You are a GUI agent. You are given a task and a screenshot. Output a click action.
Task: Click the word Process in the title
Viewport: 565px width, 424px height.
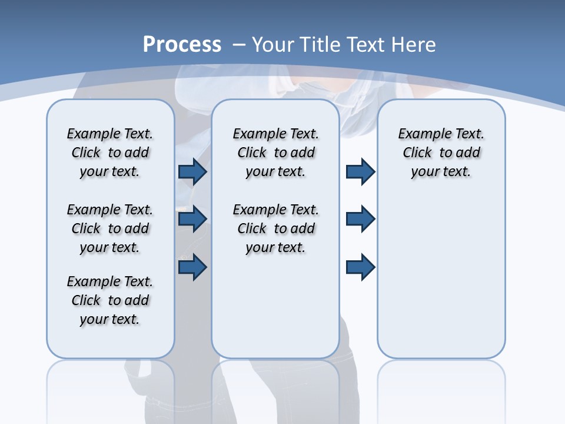[182, 45]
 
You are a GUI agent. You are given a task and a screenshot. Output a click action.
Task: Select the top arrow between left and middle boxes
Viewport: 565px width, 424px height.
[192, 171]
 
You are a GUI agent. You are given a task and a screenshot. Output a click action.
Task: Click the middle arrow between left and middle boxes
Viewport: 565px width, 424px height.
[192, 219]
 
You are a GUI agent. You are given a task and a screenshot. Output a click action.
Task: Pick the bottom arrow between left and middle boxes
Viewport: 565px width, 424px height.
[192, 267]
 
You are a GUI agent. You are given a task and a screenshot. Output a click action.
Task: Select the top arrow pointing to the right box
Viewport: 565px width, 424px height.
[360, 171]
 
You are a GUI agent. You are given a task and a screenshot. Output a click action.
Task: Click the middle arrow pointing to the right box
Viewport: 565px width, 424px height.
[360, 219]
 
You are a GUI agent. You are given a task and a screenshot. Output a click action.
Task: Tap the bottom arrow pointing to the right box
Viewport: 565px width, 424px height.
[360, 267]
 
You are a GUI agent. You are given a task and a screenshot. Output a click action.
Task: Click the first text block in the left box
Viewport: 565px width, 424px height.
[110, 153]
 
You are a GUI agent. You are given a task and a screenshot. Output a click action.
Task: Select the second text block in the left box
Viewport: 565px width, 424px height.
[110, 228]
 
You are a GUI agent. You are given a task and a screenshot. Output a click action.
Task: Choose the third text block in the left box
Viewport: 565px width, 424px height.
[110, 300]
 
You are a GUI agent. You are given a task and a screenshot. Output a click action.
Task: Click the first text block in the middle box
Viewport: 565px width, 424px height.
[275, 153]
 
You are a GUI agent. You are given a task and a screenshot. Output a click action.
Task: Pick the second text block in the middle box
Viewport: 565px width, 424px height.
[275, 228]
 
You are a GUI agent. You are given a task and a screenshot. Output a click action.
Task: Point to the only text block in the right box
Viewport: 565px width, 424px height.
[441, 153]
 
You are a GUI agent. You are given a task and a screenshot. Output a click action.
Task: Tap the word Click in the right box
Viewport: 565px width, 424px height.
[417, 153]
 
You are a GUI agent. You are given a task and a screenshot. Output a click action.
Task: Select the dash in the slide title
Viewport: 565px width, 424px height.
[239, 45]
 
